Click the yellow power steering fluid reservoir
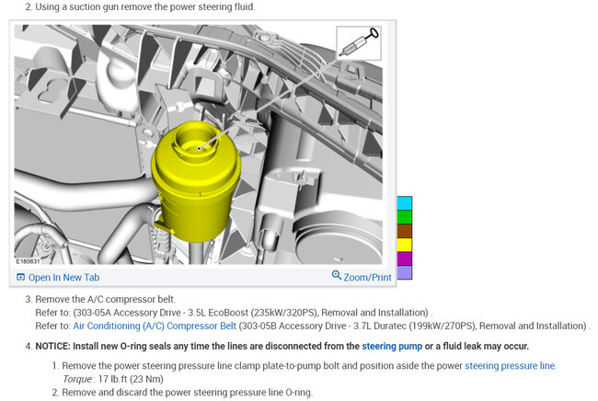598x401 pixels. pyautogui.click(x=196, y=183)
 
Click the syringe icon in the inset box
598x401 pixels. pyautogui.click(x=359, y=42)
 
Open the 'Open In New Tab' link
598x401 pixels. pyautogui.click(x=58, y=277)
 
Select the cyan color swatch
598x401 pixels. pyautogui.click(x=405, y=203)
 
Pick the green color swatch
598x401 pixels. pyautogui.click(x=405, y=217)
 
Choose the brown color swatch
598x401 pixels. pyautogui.click(x=405, y=231)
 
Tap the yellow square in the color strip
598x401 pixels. pyautogui.click(x=405, y=245)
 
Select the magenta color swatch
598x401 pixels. pyautogui.click(x=405, y=258)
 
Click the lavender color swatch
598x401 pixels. pyautogui.click(x=405, y=272)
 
